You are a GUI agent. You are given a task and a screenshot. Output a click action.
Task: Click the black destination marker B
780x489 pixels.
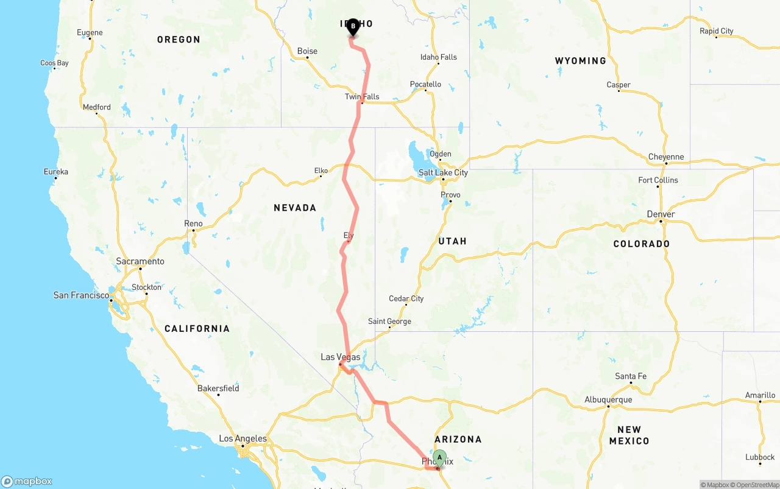353,26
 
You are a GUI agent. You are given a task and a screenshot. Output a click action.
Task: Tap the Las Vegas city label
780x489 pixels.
341,357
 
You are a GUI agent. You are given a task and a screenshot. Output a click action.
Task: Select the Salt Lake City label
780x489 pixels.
443,172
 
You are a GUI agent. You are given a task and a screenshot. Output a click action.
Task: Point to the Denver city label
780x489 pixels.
661,214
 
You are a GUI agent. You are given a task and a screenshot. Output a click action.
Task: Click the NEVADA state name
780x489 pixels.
295,208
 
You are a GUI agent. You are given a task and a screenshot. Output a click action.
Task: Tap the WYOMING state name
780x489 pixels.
580,61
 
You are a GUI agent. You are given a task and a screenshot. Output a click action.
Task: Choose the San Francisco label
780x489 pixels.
81,295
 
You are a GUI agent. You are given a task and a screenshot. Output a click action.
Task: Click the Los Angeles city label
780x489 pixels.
243,438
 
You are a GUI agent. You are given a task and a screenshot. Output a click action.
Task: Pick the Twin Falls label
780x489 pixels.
362,97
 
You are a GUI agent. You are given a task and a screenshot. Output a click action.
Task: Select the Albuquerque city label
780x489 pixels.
608,400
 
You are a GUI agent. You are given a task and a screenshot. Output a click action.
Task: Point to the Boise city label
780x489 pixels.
307,51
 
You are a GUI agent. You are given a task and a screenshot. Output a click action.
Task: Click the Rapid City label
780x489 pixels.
717,31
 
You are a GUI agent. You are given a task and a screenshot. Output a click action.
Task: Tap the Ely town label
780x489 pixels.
349,235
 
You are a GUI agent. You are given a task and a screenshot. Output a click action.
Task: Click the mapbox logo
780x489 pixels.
27,481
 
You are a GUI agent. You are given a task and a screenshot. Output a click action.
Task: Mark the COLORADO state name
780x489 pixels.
641,244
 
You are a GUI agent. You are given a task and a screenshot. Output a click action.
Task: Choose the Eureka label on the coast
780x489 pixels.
56,172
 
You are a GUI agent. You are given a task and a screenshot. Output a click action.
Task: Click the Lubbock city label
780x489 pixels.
760,457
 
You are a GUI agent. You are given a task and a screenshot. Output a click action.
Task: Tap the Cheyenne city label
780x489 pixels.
666,157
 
